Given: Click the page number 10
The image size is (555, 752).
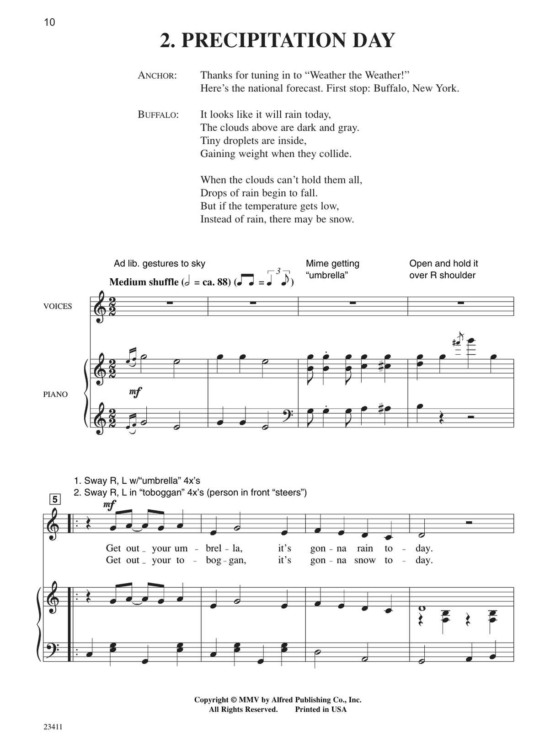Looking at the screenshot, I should (x=49, y=22).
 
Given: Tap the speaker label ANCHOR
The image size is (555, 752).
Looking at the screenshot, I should (x=157, y=76).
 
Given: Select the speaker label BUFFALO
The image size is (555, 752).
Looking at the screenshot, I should (x=158, y=115).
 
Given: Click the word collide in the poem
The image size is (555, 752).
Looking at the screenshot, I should (x=335, y=154).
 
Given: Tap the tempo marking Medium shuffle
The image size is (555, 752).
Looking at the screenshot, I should (x=144, y=282).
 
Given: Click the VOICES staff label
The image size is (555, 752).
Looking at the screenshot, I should (x=58, y=306).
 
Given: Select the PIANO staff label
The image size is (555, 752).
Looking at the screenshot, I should (x=55, y=394).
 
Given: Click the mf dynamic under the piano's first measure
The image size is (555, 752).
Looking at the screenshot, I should (x=135, y=391).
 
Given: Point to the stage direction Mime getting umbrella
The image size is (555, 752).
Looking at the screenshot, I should (x=332, y=269).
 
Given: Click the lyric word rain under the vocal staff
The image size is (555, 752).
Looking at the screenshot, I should (x=364, y=548).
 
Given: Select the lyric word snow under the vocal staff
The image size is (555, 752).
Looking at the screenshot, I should (x=365, y=560).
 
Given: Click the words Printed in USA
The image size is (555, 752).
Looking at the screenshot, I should (x=320, y=709).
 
